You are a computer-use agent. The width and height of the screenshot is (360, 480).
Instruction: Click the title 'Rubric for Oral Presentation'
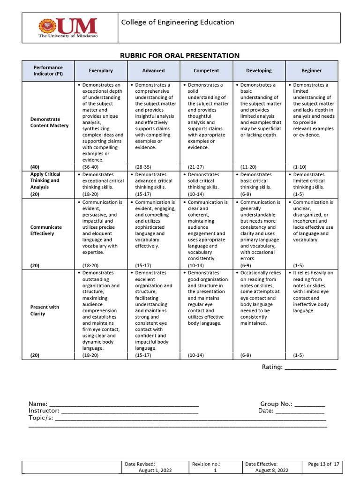tap(180, 55)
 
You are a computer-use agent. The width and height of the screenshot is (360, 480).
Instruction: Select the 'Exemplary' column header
tap(101, 71)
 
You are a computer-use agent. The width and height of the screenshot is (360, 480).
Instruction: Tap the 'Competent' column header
tap(206, 71)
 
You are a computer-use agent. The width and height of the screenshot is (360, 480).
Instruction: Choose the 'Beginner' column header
tap(311, 71)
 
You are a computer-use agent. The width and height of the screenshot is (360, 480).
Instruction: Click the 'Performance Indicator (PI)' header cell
tap(48, 71)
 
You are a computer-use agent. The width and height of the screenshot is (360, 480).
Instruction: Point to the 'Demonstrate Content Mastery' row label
tap(49, 122)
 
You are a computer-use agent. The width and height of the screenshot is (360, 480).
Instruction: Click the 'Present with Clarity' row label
tap(45, 310)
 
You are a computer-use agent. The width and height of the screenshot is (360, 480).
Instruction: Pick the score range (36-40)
tap(90, 167)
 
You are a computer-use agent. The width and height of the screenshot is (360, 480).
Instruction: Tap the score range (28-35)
tap(143, 167)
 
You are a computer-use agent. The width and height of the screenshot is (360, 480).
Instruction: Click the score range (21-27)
tap(196, 167)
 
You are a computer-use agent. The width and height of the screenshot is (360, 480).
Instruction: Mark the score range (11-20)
tap(248, 167)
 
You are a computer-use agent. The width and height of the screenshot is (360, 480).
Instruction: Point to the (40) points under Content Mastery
tap(35, 167)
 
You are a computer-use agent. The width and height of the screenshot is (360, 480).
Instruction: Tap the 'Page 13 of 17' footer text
tap(323, 464)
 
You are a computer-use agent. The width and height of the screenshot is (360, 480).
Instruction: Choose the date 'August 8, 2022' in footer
tap(272, 470)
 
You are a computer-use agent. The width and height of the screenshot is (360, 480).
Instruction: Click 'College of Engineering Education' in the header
tap(178, 22)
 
